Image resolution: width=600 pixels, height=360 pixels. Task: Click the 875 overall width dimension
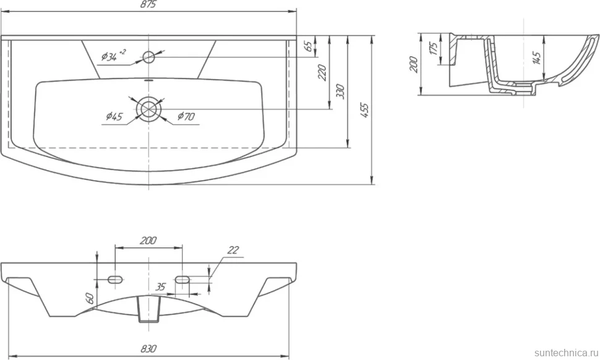(x=148, y=4)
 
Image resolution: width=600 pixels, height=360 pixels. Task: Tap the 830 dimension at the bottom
(x=148, y=348)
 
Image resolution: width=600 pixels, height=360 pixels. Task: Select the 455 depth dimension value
(x=365, y=110)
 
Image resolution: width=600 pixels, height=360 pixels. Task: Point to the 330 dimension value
(x=341, y=92)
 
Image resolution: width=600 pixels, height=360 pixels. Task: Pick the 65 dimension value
(x=308, y=46)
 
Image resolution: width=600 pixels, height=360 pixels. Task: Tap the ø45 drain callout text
(x=114, y=116)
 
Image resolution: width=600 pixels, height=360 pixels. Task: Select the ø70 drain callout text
(x=186, y=116)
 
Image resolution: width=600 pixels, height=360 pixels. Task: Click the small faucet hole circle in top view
(x=148, y=58)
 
